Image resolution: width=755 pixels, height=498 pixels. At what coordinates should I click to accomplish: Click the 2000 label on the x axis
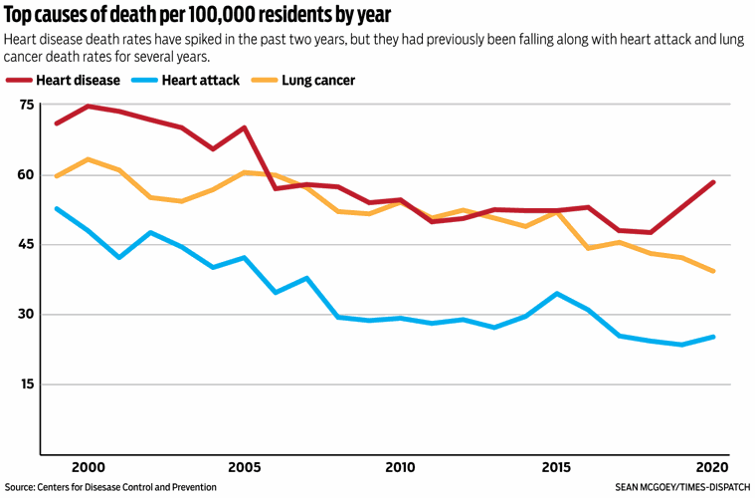pyautogui.click(x=89, y=467)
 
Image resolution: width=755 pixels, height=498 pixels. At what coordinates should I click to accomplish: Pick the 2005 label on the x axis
pyautogui.click(x=245, y=467)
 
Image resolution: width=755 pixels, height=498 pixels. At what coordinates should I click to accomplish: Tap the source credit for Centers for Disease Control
pyautogui.click(x=110, y=488)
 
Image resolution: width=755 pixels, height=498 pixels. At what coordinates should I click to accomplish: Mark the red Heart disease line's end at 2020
pyautogui.click(x=713, y=182)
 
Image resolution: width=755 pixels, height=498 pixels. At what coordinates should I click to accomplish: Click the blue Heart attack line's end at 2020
pyautogui.click(x=713, y=337)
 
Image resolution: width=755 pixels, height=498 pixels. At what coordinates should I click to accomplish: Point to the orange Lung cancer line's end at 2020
pyautogui.click(x=713, y=271)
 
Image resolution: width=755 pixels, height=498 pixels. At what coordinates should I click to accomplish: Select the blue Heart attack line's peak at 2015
pyautogui.click(x=557, y=294)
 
